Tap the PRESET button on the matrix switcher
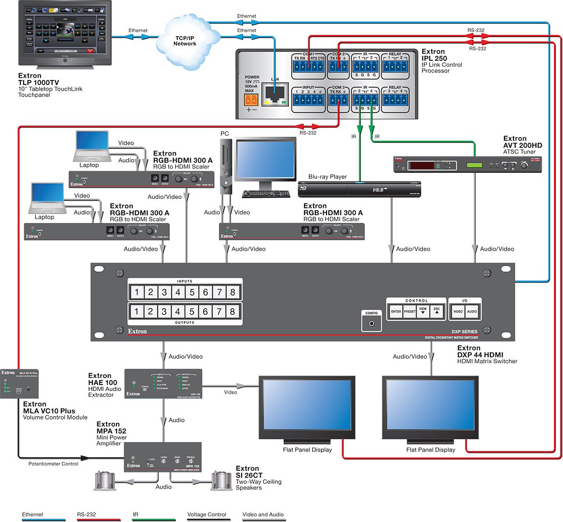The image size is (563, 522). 409,311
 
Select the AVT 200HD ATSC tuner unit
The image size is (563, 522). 467,164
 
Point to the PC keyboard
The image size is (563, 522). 266,194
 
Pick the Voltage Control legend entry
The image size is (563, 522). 207,514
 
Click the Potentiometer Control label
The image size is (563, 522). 53,463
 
